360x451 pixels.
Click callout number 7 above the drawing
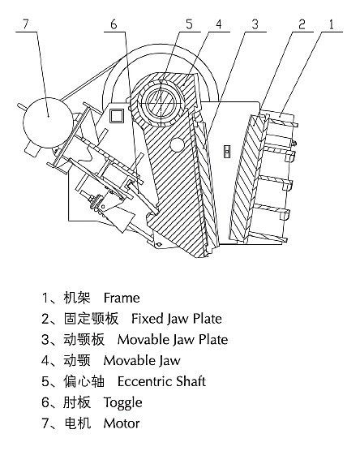point(26,24)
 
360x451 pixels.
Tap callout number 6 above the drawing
point(114,24)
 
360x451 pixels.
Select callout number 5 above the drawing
point(189,24)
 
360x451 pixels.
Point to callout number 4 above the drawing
point(219,24)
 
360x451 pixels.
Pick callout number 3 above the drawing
point(255,24)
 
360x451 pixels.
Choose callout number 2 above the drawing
point(302,24)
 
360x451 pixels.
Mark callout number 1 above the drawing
point(332,24)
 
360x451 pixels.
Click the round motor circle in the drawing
point(48,122)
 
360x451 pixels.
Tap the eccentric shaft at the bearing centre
point(161,102)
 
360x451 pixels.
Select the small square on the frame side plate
point(117,116)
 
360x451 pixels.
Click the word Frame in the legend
point(122,298)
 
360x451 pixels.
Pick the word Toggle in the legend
point(122,403)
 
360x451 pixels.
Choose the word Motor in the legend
point(122,423)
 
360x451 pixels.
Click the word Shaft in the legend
point(191,381)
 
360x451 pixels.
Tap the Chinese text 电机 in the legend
point(77,423)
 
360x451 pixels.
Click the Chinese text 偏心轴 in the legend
point(84,381)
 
